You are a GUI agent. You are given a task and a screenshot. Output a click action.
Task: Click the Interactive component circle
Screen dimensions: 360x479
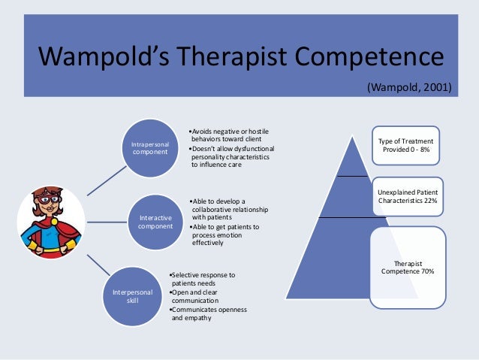click(x=155, y=222)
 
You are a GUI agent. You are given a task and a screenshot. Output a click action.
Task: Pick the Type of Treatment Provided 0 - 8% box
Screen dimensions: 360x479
click(x=410, y=146)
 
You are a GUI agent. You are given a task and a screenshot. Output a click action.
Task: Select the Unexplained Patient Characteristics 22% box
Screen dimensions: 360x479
click(x=410, y=197)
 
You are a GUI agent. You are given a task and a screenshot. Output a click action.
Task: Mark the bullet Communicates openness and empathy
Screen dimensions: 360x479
click(x=209, y=313)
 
